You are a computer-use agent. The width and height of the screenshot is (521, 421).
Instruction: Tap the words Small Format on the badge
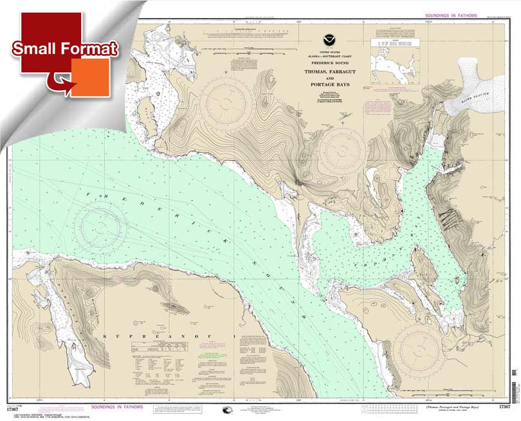click(x=64, y=49)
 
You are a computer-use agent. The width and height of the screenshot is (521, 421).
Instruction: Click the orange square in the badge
click(x=89, y=77)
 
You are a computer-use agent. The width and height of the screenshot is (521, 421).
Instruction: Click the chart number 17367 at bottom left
click(x=21, y=406)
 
